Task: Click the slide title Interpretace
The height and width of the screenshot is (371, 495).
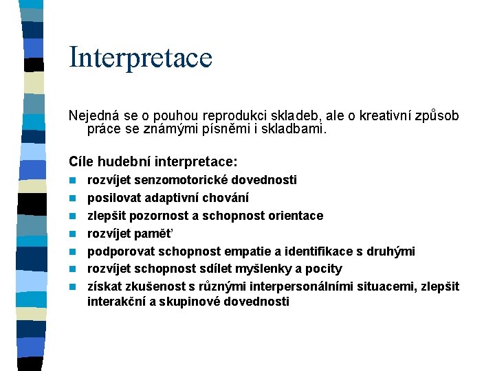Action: click(x=140, y=57)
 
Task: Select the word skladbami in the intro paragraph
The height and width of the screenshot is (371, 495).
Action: click(x=298, y=128)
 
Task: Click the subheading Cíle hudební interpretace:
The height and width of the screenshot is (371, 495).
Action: click(x=153, y=162)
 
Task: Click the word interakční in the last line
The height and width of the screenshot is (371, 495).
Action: click(x=113, y=302)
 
